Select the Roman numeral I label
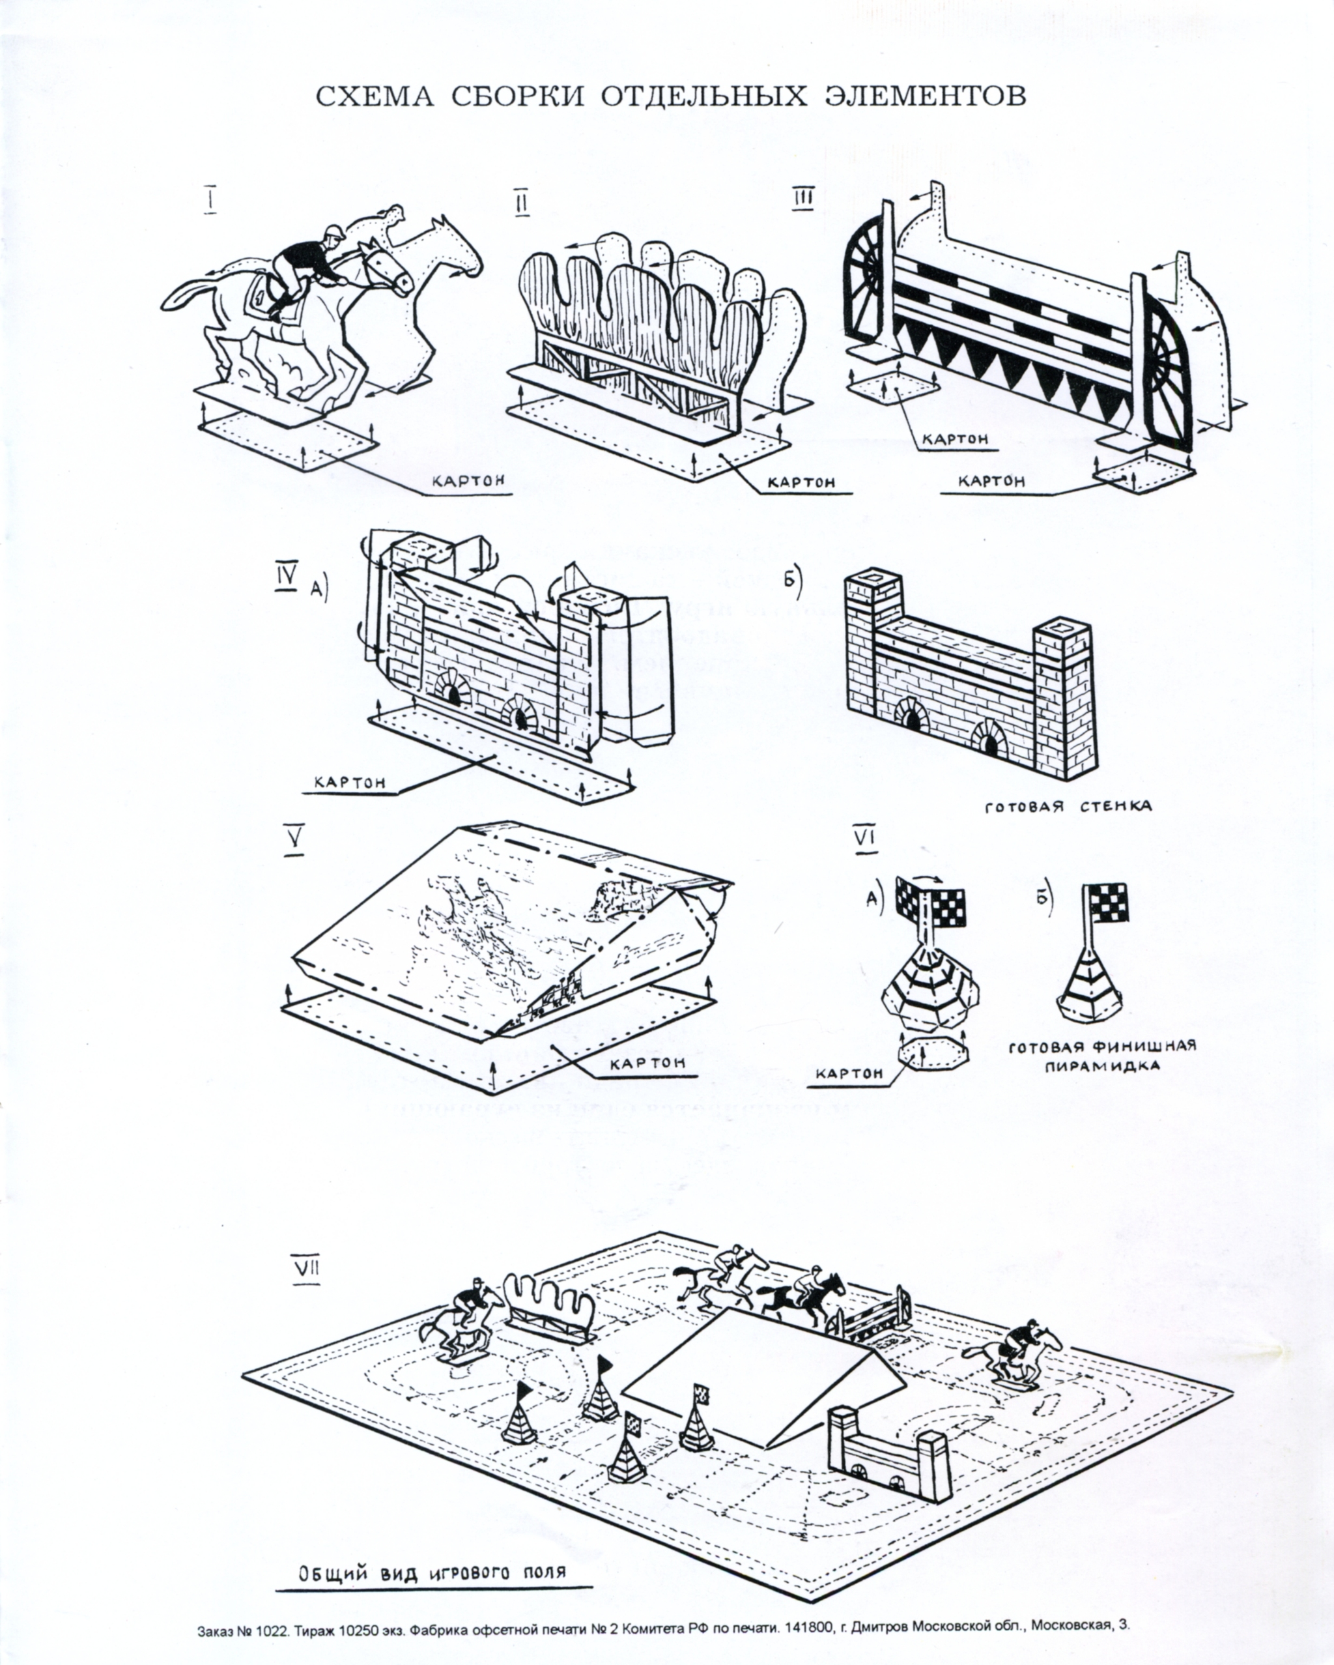210,200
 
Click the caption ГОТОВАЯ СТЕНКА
1068,806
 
